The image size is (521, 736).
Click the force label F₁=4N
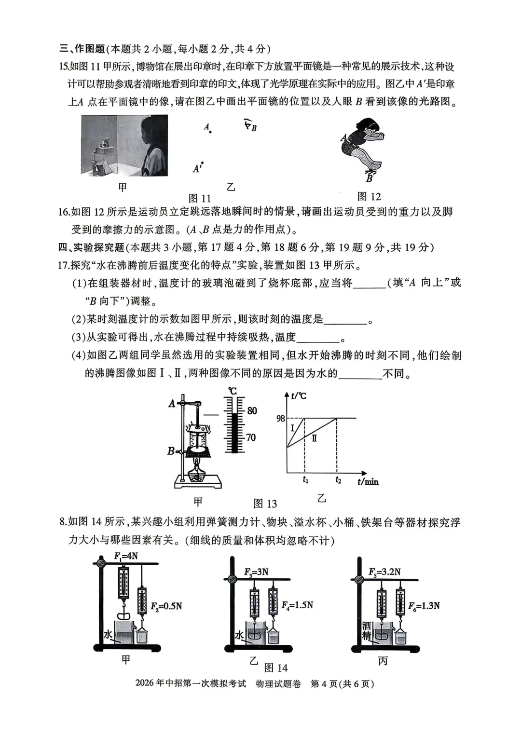click(126, 556)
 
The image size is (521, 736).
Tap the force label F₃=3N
click(256, 572)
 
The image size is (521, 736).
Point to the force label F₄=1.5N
click(297, 605)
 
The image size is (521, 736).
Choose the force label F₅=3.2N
click(384, 572)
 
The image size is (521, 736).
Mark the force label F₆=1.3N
click(424, 606)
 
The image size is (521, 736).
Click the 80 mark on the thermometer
click(252, 411)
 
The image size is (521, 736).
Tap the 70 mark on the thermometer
click(251, 438)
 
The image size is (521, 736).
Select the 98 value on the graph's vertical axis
click(281, 419)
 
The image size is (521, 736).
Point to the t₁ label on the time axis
click(305, 480)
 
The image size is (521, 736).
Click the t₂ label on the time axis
click(338, 480)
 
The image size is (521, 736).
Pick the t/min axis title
click(368, 481)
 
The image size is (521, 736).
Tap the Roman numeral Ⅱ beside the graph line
click(314, 438)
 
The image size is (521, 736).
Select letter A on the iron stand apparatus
click(172, 404)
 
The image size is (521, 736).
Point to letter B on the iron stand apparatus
click(171, 451)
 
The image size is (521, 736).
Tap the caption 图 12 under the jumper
click(369, 197)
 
